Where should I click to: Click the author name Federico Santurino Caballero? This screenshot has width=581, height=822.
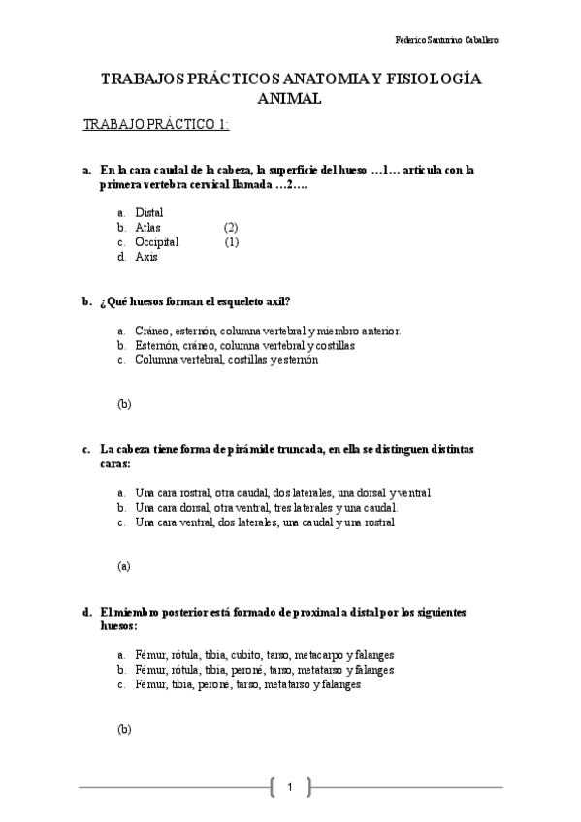(x=447, y=41)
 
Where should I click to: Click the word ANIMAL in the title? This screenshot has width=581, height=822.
(x=290, y=99)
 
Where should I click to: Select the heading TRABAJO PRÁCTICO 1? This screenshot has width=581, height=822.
(x=156, y=125)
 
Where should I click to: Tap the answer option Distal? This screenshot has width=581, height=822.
(x=149, y=211)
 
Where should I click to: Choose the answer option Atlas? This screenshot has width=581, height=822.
(x=147, y=227)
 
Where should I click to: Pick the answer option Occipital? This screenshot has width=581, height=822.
(x=157, y=242)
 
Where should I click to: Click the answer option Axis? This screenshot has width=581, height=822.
(x=146, y=257)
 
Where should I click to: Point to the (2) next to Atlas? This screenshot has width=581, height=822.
(x=231, y=227)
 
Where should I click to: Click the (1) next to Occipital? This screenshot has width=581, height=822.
(x=232, y=242)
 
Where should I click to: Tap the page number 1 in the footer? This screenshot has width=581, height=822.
(x=290, y=786)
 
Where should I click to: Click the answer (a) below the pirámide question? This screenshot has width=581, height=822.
(x=124, y=565)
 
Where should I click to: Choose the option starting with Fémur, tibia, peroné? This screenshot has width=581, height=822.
(x=248, y=684)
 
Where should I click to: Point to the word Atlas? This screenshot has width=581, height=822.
(x=147, y=227)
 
